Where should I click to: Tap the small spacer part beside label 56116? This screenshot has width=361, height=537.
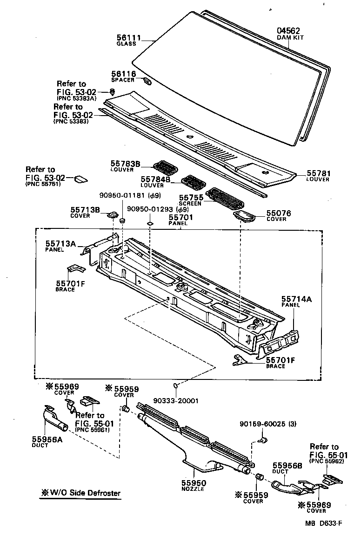point(147,82)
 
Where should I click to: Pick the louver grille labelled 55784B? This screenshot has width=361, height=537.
point(192,180)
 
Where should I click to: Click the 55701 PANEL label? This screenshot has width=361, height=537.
point(180,219)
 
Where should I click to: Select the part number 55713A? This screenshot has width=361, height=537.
point(61,243)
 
